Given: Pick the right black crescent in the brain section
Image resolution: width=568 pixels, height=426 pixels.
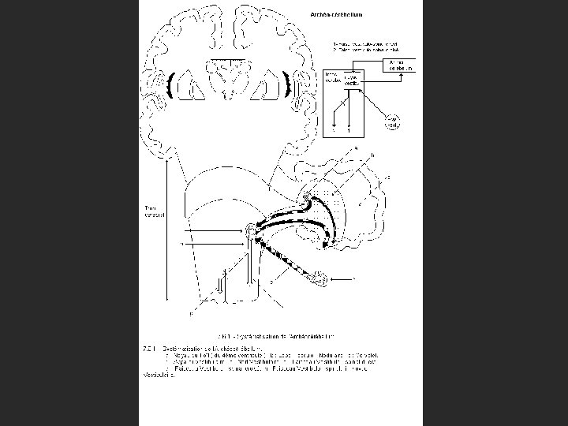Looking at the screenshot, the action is coord(287,85).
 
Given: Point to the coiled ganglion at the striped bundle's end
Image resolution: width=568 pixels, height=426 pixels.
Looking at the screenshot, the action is coord(318,276).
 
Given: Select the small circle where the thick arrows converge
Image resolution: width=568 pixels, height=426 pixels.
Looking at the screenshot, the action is coord(252,230).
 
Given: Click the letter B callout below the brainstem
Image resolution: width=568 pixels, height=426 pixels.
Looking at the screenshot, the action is coord(189,315).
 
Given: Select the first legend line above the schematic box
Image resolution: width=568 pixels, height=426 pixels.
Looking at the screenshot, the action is coord(364,43).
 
